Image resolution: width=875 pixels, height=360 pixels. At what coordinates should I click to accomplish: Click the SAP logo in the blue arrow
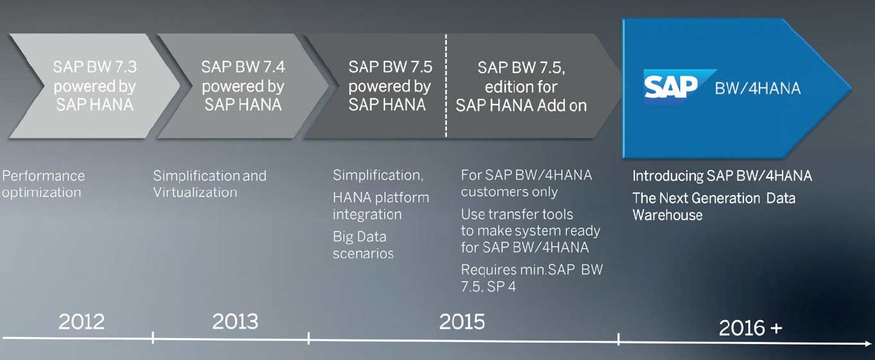tap(679, 86)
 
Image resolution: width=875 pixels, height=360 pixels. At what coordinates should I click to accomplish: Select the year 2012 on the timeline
tap(82, 321)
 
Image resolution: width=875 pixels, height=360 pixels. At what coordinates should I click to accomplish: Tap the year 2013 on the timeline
tap(235, 321)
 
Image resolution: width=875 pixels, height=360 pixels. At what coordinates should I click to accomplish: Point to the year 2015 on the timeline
tap(462, 321)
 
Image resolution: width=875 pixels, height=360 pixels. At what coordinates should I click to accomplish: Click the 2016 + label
tap(750, 327)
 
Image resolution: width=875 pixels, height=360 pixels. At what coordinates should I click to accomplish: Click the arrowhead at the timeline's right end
tap(867, 343)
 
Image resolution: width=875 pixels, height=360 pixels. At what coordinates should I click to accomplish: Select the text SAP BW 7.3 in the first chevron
tap(95, 67)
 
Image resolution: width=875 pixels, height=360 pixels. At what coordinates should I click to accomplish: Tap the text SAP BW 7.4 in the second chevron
tap(243, 67)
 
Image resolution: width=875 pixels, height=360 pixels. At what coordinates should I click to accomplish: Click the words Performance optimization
tap(44, 184)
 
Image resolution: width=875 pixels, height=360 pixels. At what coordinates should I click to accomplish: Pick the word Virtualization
tap(195, 192)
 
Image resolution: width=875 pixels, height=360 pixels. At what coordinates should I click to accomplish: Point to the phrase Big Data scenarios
tap(363, 245)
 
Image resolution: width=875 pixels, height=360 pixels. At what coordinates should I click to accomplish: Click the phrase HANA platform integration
tap(381, 206)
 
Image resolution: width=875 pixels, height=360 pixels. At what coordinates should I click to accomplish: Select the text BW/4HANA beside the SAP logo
tap(758, 89)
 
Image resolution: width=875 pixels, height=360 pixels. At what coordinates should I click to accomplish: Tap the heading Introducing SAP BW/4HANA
tap(722, 176)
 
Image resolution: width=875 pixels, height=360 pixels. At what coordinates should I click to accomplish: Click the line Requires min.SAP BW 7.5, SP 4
tap(532, 278)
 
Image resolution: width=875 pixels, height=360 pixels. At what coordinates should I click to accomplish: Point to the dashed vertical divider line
tap(446, 86)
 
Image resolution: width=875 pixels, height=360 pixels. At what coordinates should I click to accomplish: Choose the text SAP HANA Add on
tap(521, 105)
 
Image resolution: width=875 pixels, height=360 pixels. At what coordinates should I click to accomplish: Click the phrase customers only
tap(509, 192)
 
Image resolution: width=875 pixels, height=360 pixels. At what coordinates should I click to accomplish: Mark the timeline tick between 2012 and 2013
tap(153, 338)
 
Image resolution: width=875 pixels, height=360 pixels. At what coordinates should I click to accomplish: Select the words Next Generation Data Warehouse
tap(714, 207)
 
